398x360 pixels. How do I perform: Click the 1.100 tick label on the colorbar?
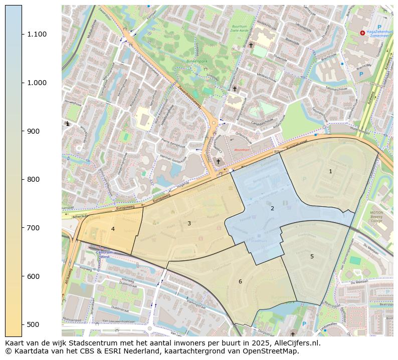37,34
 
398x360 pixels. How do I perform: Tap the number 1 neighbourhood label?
330,172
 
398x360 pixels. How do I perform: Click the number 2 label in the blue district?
272,208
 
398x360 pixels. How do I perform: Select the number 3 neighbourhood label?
189,223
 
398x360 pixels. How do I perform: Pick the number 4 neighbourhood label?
113,229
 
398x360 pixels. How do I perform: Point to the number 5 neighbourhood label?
312,256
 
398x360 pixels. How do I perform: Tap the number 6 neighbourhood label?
240,281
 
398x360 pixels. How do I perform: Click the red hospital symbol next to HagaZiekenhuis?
362,33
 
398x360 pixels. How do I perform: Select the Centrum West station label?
104,254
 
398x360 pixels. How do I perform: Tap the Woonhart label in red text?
242,150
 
